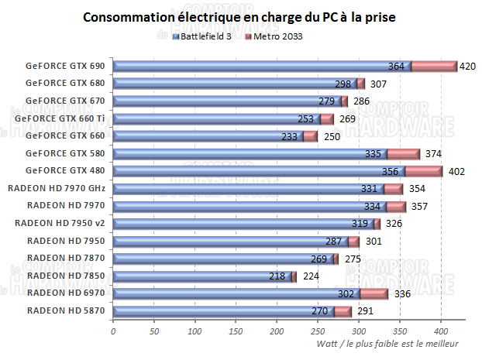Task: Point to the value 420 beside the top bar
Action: tap(467, 67)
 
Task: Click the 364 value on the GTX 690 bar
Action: tap(396, 67)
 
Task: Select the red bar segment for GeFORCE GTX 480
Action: tap(423, 171)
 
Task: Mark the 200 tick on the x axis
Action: tap(277, 331)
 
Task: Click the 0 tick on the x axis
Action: tap(113, 331)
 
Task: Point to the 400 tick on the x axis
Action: tap(441, 331)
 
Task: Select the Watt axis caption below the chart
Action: tap(387, 344)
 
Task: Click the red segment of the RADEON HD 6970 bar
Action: tap(374, 293)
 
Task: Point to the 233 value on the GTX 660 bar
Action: tap(289, 136)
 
